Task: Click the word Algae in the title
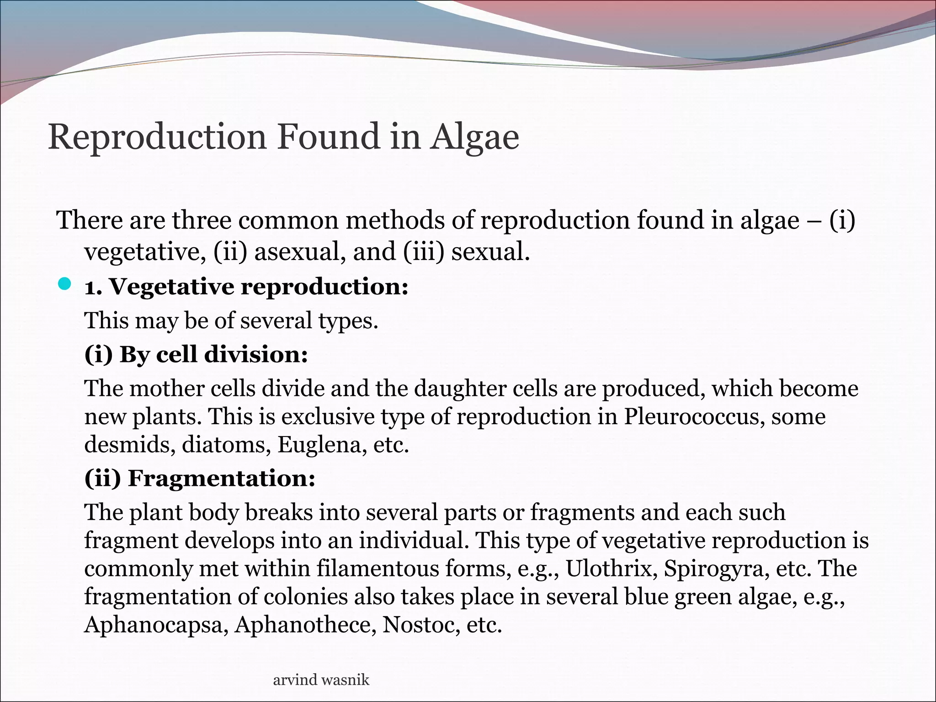coord(474,137)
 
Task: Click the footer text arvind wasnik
coord(321,680)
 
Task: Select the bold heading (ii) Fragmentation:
coord(200,479)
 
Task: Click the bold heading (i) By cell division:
coord(196,355)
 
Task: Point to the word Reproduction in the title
coord(157,137)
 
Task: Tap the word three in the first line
coord(201,220)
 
